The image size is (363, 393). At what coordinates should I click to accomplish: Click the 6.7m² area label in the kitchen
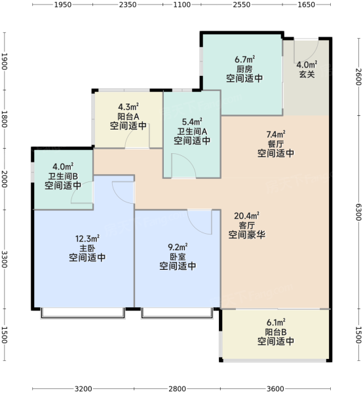(x=244, y=60)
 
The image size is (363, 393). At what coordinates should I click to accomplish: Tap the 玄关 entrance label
(x=307, y=74)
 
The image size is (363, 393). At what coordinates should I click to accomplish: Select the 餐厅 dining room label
(x=275, y=144)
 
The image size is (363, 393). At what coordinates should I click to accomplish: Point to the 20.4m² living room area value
(x=246, y=215)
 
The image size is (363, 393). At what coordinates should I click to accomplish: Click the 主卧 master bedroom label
(x=87, y=248)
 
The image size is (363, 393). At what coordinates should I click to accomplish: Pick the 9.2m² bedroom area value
(x=178, y=247)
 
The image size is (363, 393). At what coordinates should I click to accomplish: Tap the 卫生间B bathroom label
(x=63, y=176)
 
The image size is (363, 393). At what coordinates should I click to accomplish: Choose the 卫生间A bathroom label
(x=192, y=132)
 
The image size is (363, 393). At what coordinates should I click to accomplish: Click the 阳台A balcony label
(x=128, y=117)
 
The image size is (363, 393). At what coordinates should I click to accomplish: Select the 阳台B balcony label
(x=276, y=332)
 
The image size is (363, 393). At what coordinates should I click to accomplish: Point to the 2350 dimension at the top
(x=128, y=5)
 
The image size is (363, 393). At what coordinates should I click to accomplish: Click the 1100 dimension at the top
(x=181, y=5)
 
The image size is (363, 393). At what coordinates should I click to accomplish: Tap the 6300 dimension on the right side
(x=358, y=212)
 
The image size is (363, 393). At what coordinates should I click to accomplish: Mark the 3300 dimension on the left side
(x=5, y=259)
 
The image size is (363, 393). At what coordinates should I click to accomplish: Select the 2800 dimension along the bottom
(x=177, y=388)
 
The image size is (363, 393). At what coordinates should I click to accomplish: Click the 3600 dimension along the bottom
(x=275, y=388)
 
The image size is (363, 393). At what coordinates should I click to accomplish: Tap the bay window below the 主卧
(x=83, y=313)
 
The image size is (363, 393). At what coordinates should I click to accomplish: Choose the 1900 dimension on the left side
(x=5, y=62)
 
